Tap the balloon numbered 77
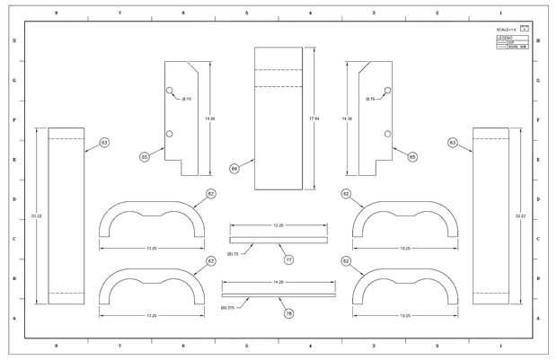click(289, 260)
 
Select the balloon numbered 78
click(289, 313)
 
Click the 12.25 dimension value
click(278, 225)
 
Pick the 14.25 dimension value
click(278, 282)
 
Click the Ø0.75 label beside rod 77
click(233, 255)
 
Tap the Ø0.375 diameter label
click(228, 308)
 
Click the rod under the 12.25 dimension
click(278, 240)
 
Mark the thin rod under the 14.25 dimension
click(278, 294)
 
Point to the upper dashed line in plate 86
click(284, 69)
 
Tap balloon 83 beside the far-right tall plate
click(453, 143)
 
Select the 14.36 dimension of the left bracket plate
click(210, 118)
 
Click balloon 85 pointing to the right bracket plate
click(412, 157)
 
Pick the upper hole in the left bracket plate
click(169, 91)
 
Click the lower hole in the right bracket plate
click(387, 134)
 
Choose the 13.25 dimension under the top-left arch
click(151, 249)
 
